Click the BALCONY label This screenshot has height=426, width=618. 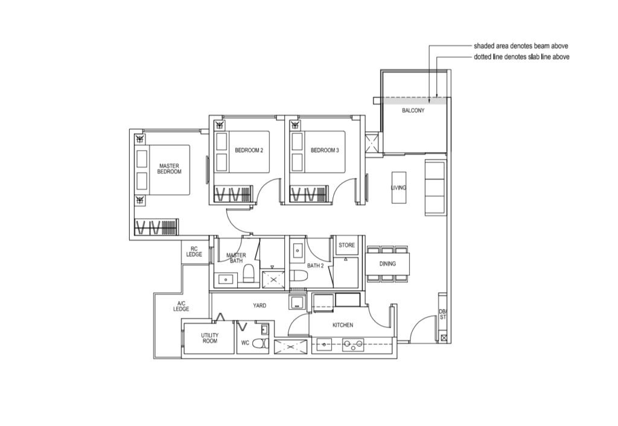pos(413,111)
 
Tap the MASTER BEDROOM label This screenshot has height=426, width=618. pos(170,169)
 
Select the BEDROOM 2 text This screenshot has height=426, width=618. pos(249,150)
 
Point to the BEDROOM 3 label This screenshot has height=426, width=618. pos(325,150)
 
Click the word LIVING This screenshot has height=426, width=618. pos(398,188)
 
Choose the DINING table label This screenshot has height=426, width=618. pos(387,264)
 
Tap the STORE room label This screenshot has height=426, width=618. pos(346,245)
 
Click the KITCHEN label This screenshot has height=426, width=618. pos(343,325)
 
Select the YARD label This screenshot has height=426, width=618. pos(260,305)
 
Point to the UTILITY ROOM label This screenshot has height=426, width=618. pos(209,338)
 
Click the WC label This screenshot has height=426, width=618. pos(245,343)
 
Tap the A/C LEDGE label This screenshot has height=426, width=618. pos(181,306)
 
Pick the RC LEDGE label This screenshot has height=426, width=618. pos(194,252)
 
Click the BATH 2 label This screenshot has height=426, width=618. pos(315,265)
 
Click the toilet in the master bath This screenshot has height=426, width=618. pos(249,273)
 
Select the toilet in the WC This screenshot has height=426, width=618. pos(261,343)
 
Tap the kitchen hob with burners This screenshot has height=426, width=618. pos(352,346)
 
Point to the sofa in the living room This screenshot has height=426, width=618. pos(435,187)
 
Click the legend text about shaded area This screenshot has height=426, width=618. pos(521,46)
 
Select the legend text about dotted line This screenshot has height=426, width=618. pos(521,57)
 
